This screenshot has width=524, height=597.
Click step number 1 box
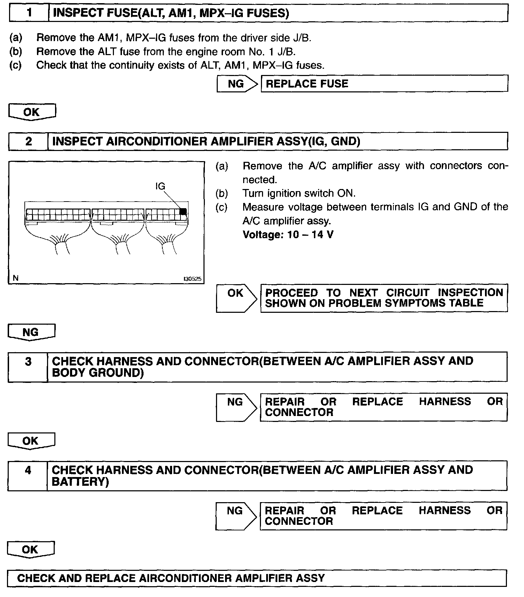pyautogui.click(x=29, y=13)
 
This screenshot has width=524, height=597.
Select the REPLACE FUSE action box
pyautogui.click(x=384, y=84)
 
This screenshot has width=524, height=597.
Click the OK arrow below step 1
pyautogui.click(x=32, y=112)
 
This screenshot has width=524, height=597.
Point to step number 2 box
pyautogui.click(x=28, y=141)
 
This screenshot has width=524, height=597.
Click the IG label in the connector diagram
pyautogui.click(x=160, y=186)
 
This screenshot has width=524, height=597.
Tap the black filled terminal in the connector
pyautogui.click(x=183, y=211)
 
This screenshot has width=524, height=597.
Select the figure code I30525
pyautogui.click(x=193, y=279)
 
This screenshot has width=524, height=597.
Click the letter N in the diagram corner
pyautogui.click(x=15, y=278)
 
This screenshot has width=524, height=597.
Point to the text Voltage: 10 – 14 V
pyautogui.click(x=288, y=234)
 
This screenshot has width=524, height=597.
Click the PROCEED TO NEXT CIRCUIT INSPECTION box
pyautogui.click(x=384, y=298)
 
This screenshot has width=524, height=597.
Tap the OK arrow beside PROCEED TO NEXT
pyautogui.click(x=236, y=298)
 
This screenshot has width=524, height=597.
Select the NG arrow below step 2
pyautogui.click(x=31, y=332)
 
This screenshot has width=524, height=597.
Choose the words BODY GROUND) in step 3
pyautogui.click(x=98, y=373)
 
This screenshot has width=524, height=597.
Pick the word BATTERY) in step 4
pyautogui.click(x=80, y=482)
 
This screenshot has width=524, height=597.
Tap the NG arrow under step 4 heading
pyautogui.click(x=235, y=515)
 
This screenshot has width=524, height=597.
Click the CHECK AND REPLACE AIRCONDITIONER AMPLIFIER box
pyautogui.click(x=257, y=578)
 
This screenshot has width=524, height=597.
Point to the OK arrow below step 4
pyautogui.click(x=31, y=550)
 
